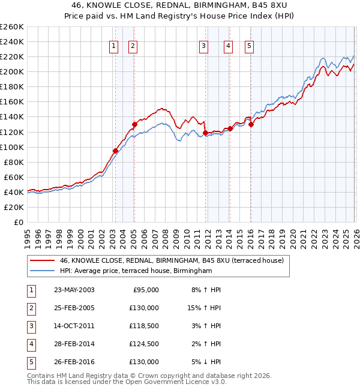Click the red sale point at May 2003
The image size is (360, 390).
tap(115, 151)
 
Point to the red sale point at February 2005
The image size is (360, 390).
tap(134, 124)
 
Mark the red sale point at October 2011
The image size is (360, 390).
tap(205, 133)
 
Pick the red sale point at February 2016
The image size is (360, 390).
tap(251, 124)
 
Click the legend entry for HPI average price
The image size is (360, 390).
tap(136, 271)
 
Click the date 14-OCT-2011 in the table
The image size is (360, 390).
tap(74, 326)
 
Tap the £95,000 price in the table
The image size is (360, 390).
tap(144, 290)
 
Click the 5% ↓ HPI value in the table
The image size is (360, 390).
tap(206, 362)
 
